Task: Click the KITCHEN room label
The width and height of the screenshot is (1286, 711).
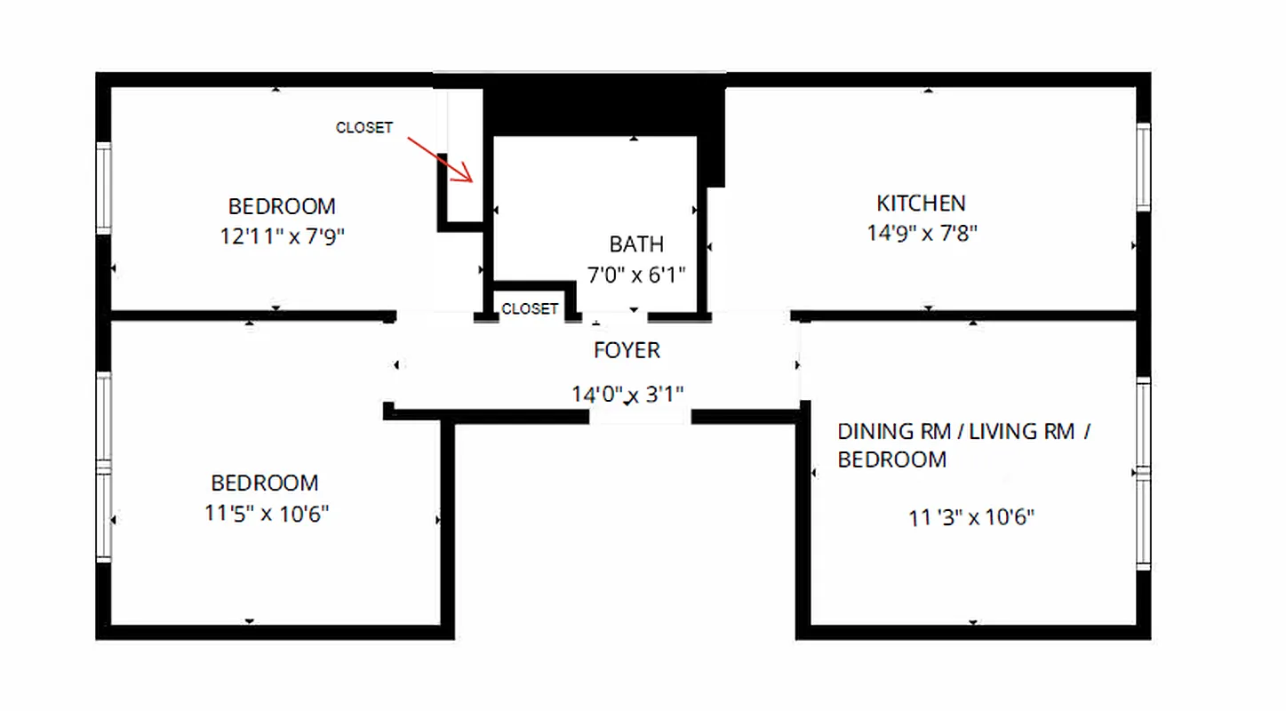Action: click(x=921, y=204)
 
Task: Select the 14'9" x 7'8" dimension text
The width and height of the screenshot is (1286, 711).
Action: click(x=922, y=233)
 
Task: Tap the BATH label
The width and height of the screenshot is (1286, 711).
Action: click(x=636, y=244)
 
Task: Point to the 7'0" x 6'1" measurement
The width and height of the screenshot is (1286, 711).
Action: click(x=636, y=274)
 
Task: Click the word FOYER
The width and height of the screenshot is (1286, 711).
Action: click(x=627, y=350)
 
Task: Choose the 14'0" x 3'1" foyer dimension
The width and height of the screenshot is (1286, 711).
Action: click(x=627, y=393)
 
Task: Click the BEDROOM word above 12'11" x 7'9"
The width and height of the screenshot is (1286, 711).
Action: click(x=283, y=206)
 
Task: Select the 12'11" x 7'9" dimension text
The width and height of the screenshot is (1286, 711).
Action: click(x=283, y=236)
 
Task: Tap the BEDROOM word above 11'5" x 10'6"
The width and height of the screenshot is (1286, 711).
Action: click(x=265, y=483)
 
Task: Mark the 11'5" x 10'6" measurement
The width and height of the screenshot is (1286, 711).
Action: click(x=265, y=514)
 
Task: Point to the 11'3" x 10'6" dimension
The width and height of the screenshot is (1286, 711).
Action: click(x=971, y=517)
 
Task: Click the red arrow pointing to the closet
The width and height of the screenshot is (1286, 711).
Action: click(x=441, y=159)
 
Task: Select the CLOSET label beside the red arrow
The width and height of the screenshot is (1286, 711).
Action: click(x=363, y=128)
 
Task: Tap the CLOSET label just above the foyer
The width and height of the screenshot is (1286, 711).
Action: click(x=530, y=309)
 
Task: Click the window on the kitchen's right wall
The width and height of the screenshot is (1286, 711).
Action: click(x=1143, y=167)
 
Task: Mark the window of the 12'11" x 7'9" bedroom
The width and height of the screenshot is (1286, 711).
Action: click(x=104, y=188)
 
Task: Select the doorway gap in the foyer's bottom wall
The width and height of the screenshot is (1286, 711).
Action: click(x=641, y=415)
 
